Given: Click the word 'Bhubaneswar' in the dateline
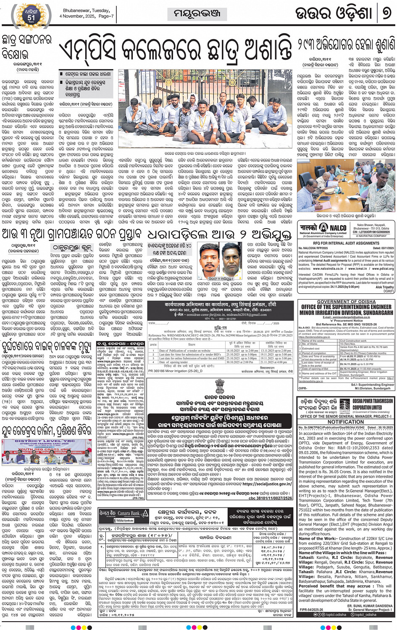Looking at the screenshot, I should coord(77,11).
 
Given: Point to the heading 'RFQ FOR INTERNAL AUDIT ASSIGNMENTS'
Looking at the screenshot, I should coord(346,243).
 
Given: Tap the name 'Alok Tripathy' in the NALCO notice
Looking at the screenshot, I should coord(384,287).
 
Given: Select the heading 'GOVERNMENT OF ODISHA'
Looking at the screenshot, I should coord(346,302).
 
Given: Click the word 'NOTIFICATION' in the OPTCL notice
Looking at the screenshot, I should coord(346,422).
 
